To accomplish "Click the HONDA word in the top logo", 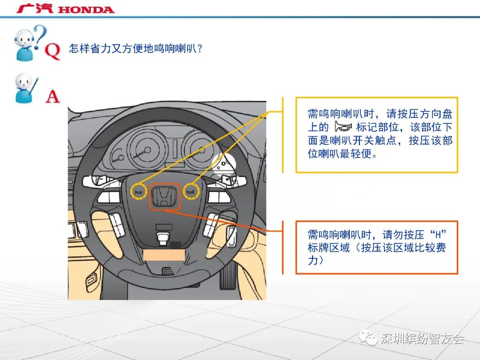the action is tap(86, 9).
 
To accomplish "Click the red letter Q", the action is tap(52, 51).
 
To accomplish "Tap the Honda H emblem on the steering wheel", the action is tap(164, 196).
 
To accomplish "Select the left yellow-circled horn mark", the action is tap(139, 192).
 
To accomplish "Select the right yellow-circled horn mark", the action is tap(191, 192).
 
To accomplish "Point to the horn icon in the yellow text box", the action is tap(343, 126).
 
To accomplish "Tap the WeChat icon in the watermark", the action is tap(368, 338).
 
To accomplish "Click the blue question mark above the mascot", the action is tap(40, 35).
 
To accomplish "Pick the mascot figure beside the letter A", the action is tap(25, 88).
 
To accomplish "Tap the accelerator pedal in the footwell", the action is tap(228, 273).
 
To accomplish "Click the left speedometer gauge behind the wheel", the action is tap(147, 150).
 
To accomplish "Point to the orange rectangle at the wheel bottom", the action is tap(164, 255).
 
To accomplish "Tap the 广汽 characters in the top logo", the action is tap(35, 8).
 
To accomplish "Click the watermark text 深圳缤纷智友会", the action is tap(423, 338).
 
